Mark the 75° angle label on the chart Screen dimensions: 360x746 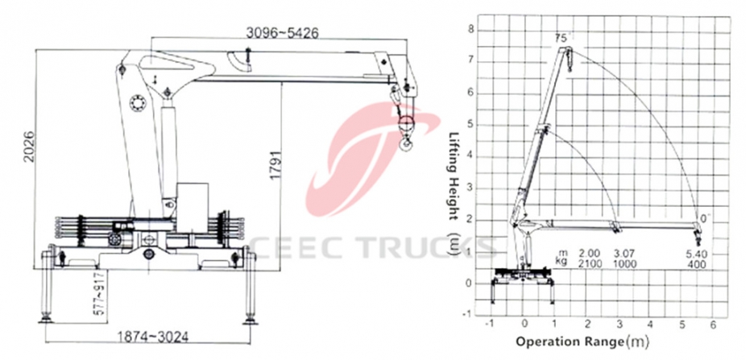562,38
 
